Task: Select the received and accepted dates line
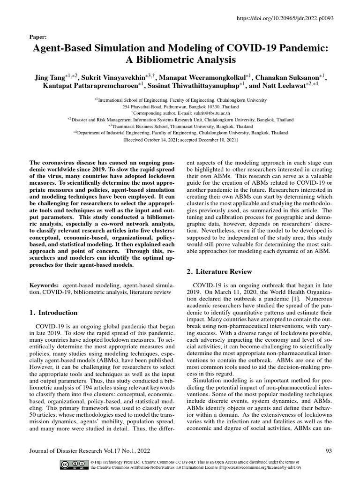coord(180,140)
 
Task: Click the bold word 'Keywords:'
coord(45,285)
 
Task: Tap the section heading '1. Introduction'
coord(54,313)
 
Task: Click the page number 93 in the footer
coord(328,451)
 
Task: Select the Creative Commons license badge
coord(74,465)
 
